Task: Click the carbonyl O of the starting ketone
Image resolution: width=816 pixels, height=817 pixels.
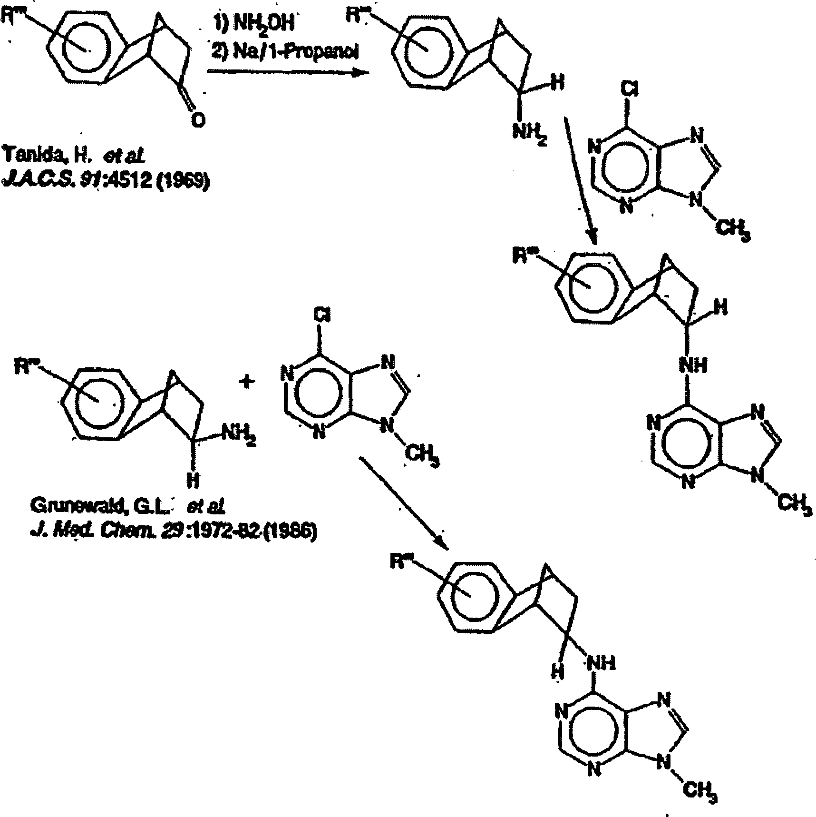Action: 198,120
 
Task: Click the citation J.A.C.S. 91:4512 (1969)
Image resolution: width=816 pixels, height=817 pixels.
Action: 106,181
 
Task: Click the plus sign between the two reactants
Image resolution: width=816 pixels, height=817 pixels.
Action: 246,382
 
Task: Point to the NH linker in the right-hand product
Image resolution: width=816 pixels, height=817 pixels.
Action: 694,365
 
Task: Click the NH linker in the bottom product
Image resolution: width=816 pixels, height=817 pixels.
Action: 602,662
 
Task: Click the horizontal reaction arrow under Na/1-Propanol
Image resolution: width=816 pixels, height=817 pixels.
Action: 288,72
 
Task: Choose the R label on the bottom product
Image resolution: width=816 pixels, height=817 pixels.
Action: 399,561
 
